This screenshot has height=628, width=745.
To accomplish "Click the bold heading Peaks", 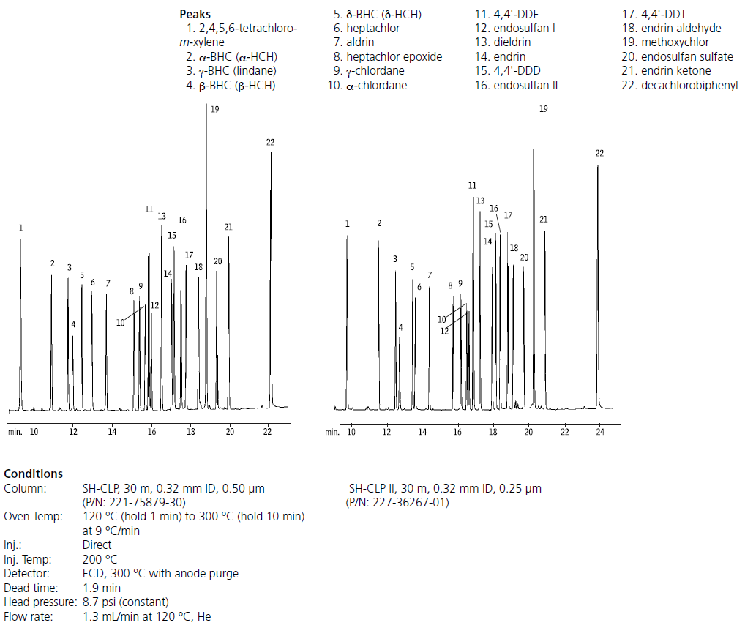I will (x=195, y=15).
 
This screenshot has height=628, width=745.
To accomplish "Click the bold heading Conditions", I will (x=34, y=474).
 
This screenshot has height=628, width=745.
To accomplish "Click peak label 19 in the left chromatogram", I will (x=214, y=109).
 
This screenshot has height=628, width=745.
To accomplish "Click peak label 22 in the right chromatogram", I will (x=599, y=153).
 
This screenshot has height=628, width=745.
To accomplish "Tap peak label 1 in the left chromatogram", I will (x=21, y=228).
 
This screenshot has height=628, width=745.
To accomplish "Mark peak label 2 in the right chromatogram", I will (x=379, y=223).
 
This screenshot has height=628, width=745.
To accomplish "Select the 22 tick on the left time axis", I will (x=268, y=432).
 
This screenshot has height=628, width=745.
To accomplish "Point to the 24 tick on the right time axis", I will (x=600, y=432).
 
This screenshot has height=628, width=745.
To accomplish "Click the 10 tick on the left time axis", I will (x=34, y=432).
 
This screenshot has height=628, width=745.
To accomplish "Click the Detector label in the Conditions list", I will (x=25, y=573).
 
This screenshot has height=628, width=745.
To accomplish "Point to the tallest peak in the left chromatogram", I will (x=206, y=220).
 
